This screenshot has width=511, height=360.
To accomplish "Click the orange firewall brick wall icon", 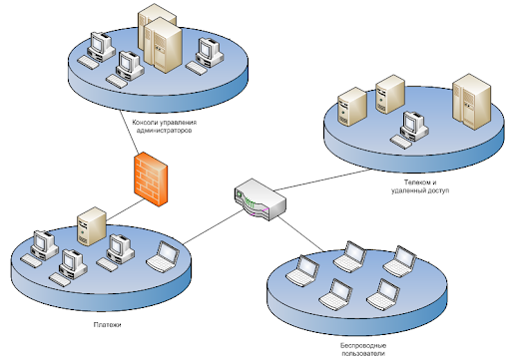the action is (x=151, y=180).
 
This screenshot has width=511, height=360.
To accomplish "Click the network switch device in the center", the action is (x=260, y=199).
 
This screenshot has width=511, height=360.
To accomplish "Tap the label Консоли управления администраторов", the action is (x=165, y=127).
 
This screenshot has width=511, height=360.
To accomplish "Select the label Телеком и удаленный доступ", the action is (x=420, y=186).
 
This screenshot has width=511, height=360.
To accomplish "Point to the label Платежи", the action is (x=107, y=325).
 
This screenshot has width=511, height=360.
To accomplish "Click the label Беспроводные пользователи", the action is (x=363, y=350).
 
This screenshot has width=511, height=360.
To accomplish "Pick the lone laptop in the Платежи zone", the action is (x=163, y=256).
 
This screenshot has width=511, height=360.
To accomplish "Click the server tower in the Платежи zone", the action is (x=92, y=226).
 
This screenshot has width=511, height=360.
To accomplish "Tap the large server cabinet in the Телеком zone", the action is (x=471, y=102).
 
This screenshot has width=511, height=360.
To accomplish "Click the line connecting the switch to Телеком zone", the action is (x=322, y=180).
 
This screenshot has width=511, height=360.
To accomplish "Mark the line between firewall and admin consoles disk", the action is (x=129, y=134).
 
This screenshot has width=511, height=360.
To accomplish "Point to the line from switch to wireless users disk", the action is (x=301, y=233).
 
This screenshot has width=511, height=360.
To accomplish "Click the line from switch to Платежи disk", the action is (x=214, y=227).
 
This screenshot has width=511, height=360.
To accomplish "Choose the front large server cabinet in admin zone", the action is (x=163, y=46).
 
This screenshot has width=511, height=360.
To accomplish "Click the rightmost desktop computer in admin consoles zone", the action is (x=205, y=56).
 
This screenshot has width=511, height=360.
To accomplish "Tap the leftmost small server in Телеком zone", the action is (x=352, y=107).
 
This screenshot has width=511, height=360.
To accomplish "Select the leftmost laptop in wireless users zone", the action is (x=302, y=270).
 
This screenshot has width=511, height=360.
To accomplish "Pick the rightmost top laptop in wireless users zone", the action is (x=399, y=261).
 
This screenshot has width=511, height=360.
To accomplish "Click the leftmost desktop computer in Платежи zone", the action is (x=40, y=248).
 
